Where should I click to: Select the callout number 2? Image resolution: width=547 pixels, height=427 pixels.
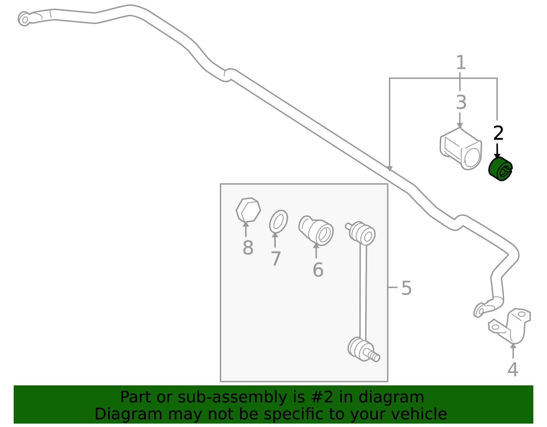[x=498, y=133]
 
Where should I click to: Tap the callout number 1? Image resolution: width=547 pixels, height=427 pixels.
[x=461, y=62]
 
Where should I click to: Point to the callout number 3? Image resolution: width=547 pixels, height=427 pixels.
[x=461, y=103]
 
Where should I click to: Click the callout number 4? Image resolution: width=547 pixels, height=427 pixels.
[x=513, y=369]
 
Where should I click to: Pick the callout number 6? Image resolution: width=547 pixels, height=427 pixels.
[x=318, y=269]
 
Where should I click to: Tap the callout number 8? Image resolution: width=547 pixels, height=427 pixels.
[x=248, y=248]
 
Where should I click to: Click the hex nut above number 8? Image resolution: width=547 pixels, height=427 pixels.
[x=248, y=210]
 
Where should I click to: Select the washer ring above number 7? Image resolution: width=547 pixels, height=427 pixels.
[x=278, y=222]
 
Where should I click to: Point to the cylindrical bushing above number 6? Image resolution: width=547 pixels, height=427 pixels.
[x=316, y=230]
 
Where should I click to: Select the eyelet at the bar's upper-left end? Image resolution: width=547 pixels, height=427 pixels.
[x=24, y=19]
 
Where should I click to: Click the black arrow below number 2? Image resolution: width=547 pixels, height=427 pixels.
[x=497, y=151]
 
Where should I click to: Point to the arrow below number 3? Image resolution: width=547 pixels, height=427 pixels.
[x=460, y=120]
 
